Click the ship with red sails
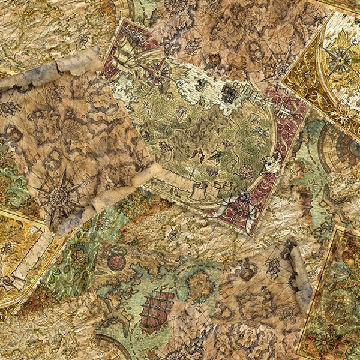pos(157,309)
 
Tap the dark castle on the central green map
pos(229,93)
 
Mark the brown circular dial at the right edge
pos(342,147)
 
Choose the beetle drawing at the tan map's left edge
pos(9,108)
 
